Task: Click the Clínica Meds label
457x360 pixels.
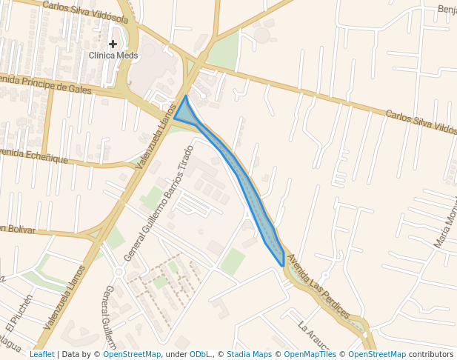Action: tap(113, 56)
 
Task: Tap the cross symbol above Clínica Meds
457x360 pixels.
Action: tap(113, 44)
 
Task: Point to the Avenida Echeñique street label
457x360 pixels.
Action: tap(34, 156)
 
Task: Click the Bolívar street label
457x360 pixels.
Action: tap(18, 230)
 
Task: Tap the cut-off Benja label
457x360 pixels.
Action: tap(447, 10)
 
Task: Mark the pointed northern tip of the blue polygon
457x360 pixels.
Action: tap(185, 96)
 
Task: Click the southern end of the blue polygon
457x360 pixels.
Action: tap(282, 264)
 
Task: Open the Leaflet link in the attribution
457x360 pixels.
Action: tap(41, 354)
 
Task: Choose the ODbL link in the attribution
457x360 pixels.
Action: tap(199, 354)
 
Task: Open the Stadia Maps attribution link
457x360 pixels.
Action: tap(248, 354)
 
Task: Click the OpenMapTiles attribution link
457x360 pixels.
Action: tap(310, 354)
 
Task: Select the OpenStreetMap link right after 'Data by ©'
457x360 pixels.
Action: tap(132, 354)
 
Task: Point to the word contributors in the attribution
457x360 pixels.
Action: tap(430, 354)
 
